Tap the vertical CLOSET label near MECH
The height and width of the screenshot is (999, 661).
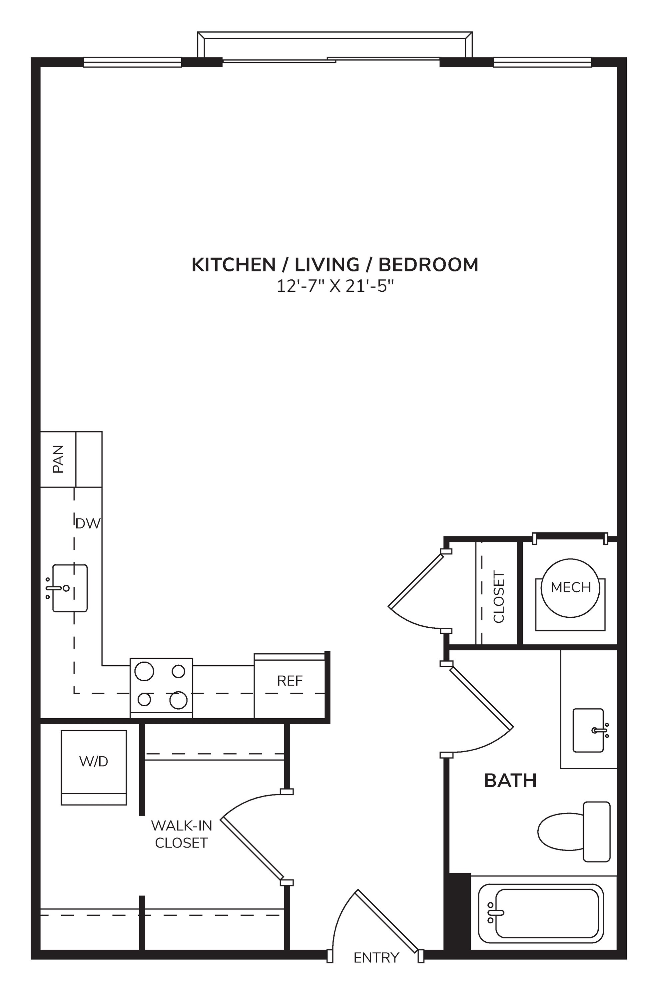coord(499,597)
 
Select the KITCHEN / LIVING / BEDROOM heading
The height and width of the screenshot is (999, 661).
coord(335,265)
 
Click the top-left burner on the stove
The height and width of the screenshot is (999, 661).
coord(144,671)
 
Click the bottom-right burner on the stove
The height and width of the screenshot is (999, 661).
coord(178,700)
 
